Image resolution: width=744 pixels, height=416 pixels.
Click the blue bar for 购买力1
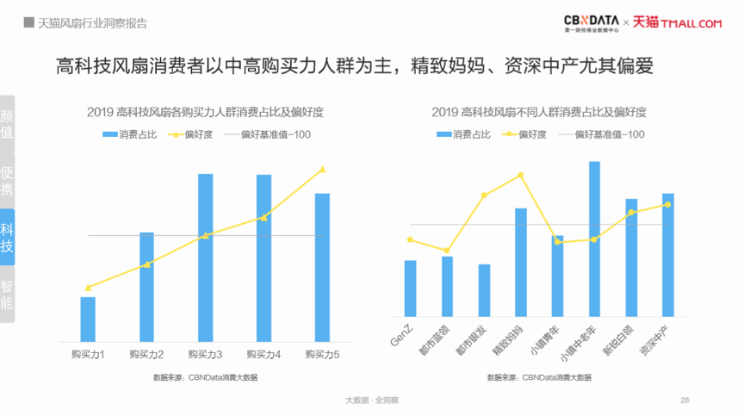point(88,318)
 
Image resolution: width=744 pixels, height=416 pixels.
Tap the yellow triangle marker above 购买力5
point(322,170)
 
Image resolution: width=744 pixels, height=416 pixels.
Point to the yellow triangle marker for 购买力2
point(146,264)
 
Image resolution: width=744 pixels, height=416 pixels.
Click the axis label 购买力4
point(263,354)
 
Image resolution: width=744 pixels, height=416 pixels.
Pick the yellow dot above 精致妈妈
point(520,175)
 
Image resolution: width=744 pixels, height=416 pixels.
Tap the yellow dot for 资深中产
point(667,204)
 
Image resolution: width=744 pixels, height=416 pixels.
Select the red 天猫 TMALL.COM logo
point(677,22)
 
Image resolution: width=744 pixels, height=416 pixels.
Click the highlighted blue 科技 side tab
point(8,238)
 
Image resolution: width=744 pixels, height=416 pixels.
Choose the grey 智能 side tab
point(8,295)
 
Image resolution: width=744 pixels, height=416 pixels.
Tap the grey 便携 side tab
point(8,179)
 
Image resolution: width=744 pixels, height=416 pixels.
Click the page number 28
point(685,400)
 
